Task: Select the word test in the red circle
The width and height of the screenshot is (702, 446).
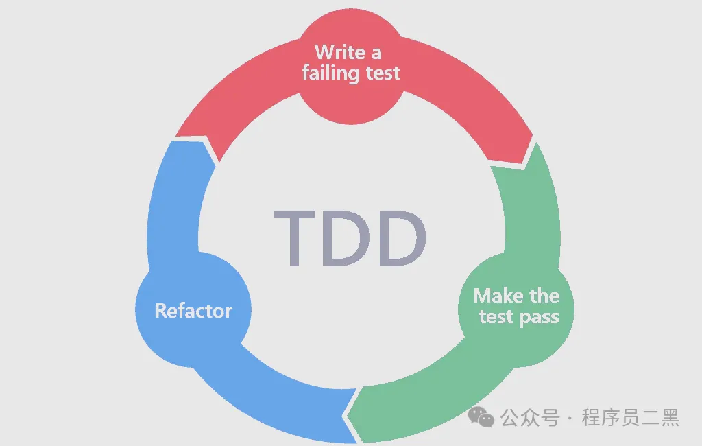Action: point(383,73)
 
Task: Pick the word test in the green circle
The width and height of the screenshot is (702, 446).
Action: point(496,317)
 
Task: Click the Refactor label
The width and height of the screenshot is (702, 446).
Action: point(193,311)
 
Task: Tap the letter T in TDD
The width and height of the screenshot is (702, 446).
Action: point(298,239)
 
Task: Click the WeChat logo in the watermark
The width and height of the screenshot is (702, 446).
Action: point(481,416)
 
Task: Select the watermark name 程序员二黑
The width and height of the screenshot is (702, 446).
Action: point(630,417)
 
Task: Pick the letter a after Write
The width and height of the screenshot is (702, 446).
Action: point(376,52)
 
